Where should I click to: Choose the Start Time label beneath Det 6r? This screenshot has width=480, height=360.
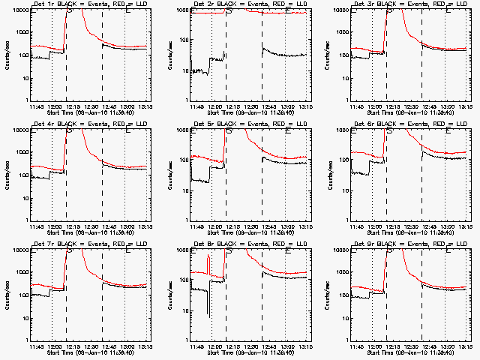click(x=412, y=232)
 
